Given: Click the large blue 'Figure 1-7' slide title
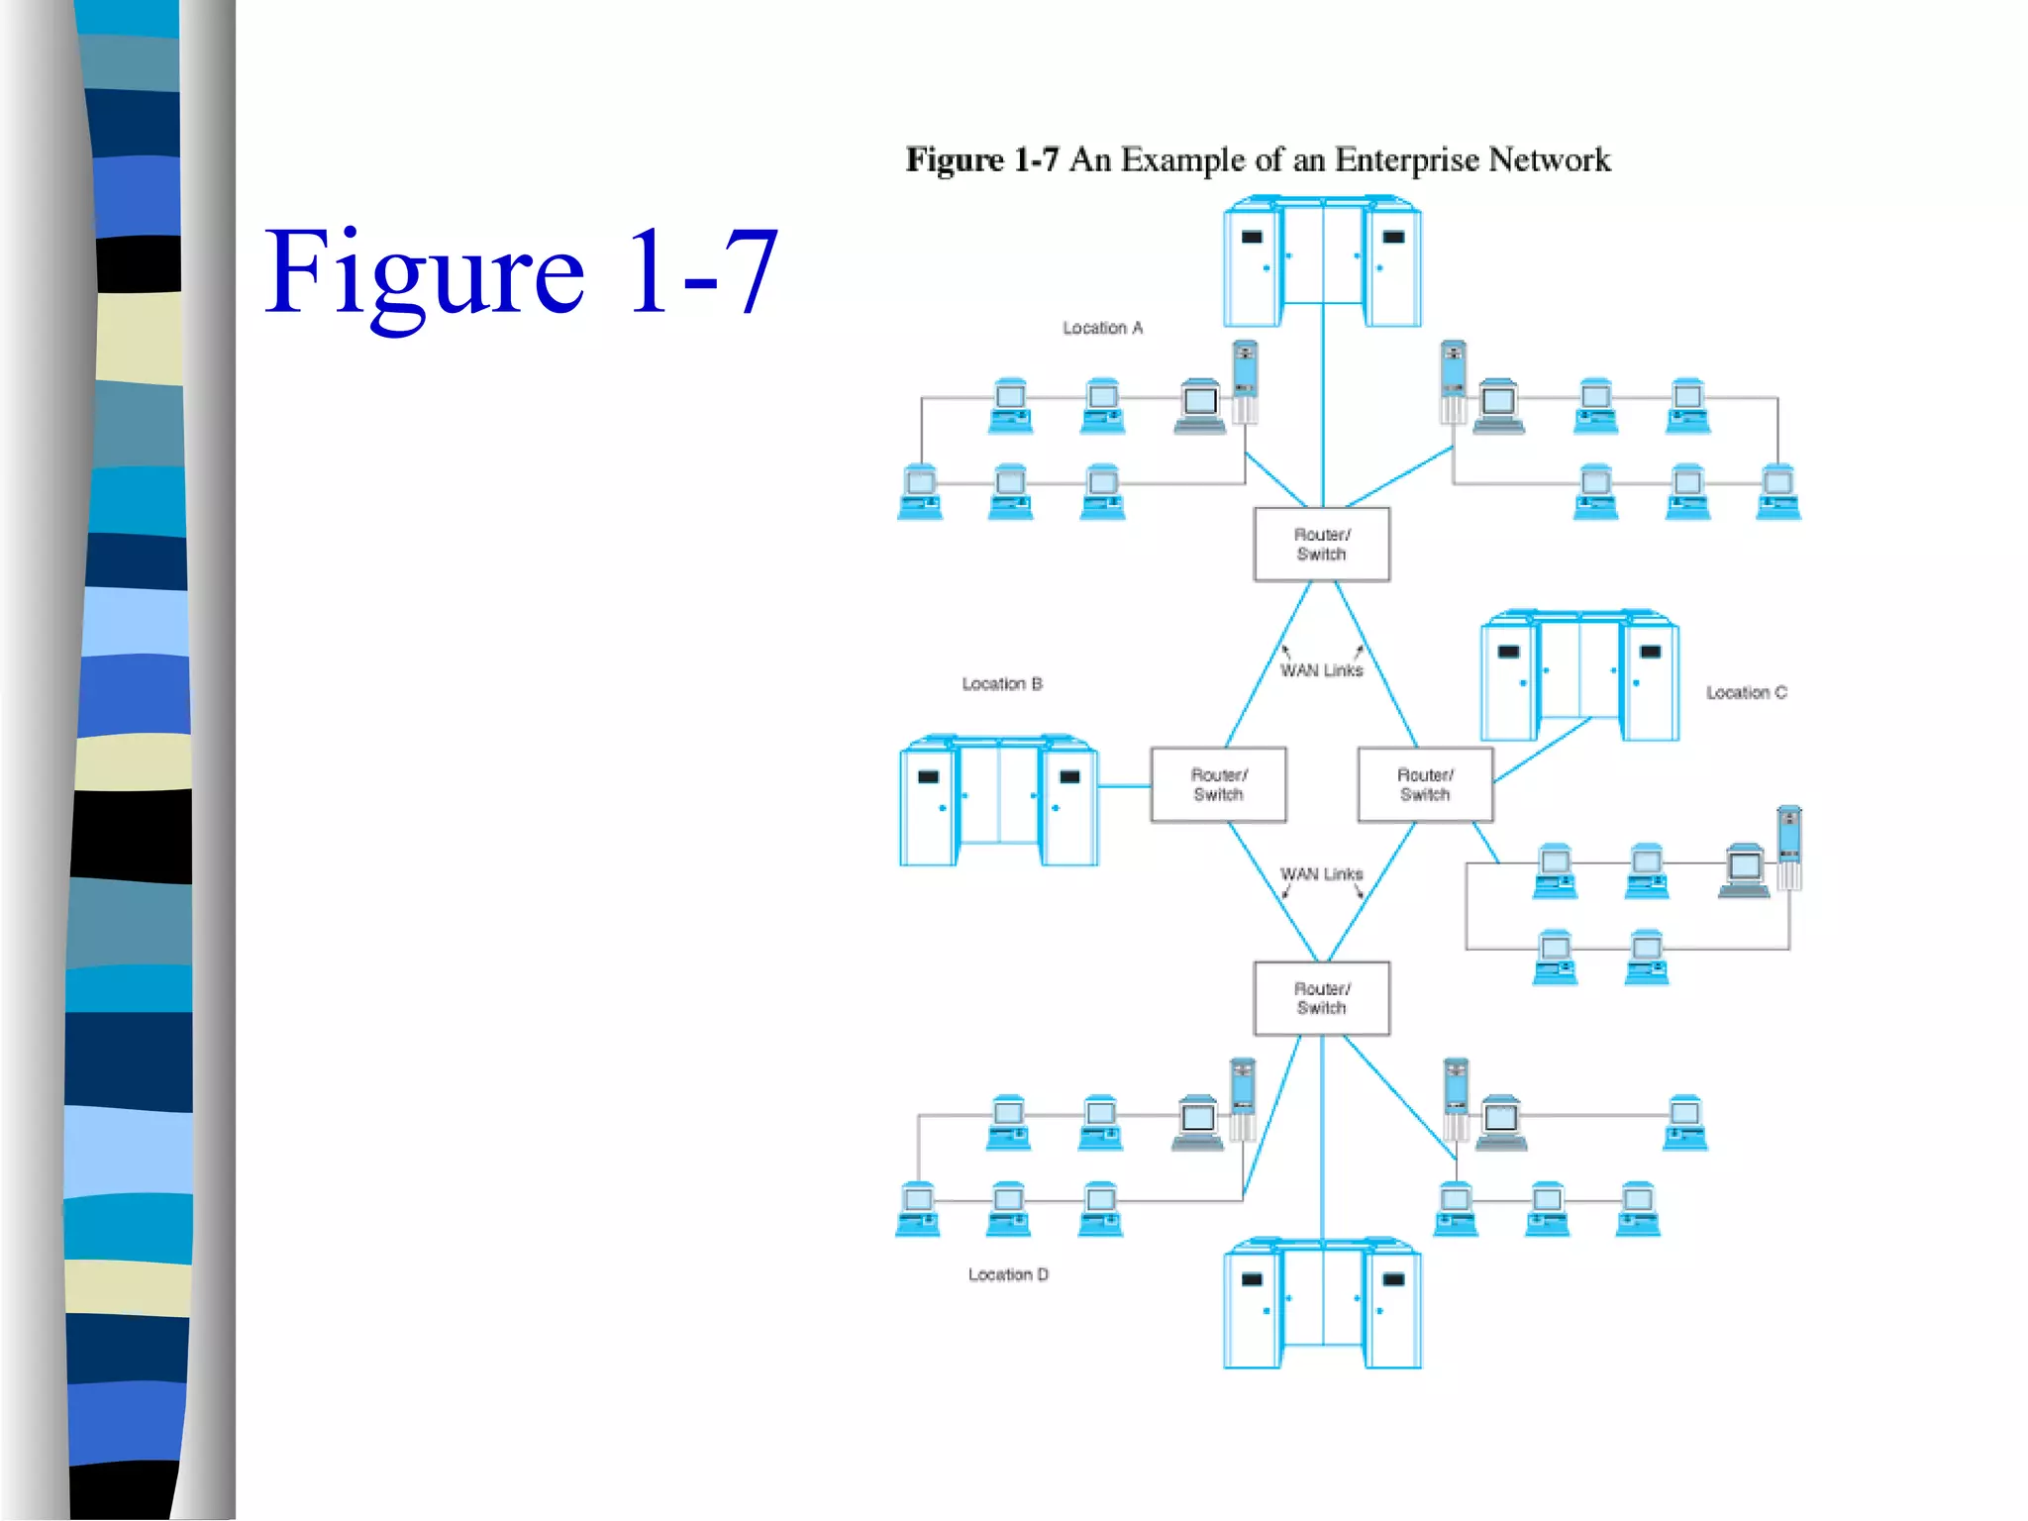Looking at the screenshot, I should click(x=522, y=272).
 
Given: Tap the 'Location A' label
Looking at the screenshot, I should click(x=1102, y=328).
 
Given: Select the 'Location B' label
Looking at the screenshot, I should click(x=1002, y=684).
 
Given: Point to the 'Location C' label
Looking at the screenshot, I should click(x=1746, y=693).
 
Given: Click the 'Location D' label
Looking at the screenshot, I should click(x=1008, y=1274).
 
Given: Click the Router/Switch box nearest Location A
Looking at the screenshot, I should click(x=1321, y=545).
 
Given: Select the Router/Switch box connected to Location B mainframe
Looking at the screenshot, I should click(x=1218, y=785).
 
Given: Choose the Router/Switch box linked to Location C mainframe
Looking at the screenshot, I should click(x=1425, y=785).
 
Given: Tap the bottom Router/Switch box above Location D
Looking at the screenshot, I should click(x=1321, y=998).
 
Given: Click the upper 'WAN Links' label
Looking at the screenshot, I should click(x=1321, y=671).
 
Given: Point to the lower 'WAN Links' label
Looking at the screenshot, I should click(x=1321, y=874).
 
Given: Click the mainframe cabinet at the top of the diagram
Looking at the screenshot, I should click(x=1322, y=262).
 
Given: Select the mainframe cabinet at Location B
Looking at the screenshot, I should click(x=998, y=802).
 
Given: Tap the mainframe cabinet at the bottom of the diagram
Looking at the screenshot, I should click(x=1322, y=1304).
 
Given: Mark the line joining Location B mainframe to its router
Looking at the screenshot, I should click(x=1124, y=786).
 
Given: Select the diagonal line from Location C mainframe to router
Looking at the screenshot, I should click(x=1543, y=750).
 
